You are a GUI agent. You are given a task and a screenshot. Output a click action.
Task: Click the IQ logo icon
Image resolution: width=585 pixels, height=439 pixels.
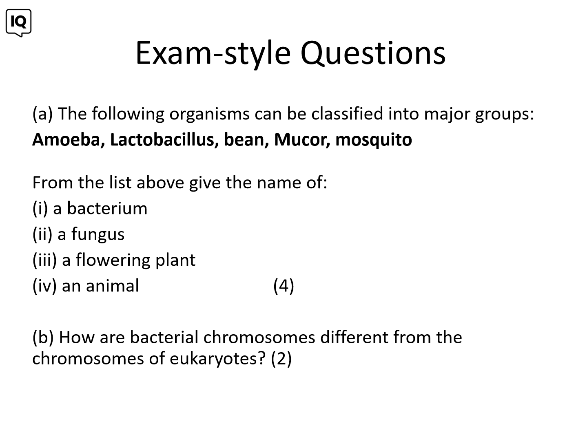coord(19,23)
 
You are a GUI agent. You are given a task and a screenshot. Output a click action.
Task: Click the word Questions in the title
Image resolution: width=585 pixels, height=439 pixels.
coord(373,53)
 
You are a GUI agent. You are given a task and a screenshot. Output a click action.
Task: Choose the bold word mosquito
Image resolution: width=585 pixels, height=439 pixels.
coord(374,140)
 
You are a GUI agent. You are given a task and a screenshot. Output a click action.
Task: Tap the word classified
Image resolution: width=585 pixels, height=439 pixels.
coord(347,113)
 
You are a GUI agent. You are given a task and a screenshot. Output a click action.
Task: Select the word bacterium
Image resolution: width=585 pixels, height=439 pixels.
coord(107,208)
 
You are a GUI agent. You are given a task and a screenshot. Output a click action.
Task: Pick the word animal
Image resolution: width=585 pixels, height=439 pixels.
coord(112,286)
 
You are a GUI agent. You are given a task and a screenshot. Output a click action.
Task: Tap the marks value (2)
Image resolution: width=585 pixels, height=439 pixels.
coord(281,359)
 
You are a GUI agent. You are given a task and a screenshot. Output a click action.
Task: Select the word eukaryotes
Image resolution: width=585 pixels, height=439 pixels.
coord(218,359)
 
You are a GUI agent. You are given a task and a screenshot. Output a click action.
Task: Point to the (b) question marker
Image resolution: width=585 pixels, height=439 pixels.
coord(43,338)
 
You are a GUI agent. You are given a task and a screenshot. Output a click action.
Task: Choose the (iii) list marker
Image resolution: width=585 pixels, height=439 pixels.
coord(44,260)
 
